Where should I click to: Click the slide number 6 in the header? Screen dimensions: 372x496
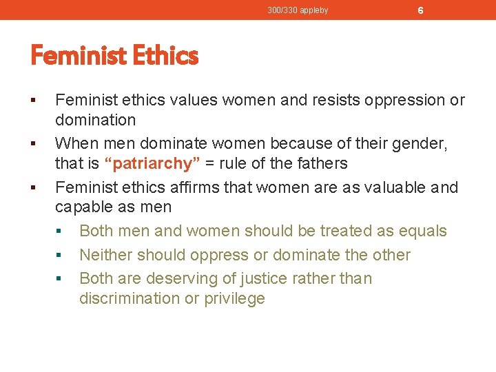pos(420,11)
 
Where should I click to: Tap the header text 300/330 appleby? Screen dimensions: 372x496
pos(298,10)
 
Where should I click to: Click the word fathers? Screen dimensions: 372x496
pos(321,164)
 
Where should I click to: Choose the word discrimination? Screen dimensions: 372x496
pos(129,298)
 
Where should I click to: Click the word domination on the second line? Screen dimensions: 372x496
pos(95,120)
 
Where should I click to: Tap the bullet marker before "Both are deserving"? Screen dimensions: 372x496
pos(60,279)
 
